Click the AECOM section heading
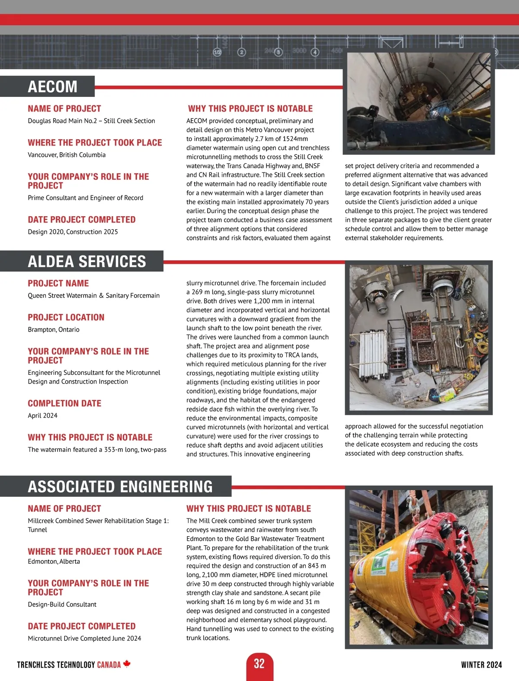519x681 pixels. click(x=52, y=86)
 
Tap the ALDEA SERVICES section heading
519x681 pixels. click(x=86, y=262)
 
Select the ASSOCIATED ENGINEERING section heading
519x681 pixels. click(x=120, y=486)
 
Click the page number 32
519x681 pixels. click(x=259, y=664)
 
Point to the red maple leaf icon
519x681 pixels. click(x=127, y=664)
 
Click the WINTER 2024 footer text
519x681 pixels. click(x=481, y=665)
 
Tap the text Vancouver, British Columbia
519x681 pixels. click(x=67, y=155)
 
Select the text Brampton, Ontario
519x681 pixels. click(x=54, y=329)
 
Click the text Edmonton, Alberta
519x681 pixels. click(x=54, y=561)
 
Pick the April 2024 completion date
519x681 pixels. click(x=42, y=416)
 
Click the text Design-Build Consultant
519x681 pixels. click(x=62, y=604)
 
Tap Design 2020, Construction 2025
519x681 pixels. click(x=73, y=232)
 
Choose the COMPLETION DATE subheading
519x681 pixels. click(x=64, y=403)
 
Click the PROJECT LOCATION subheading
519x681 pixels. click(x=66, y=317)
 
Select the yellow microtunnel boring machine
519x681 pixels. click(x=381, y=571)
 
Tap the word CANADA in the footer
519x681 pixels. click(x=109, y=665)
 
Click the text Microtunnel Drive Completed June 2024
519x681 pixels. click(x=84, y=638)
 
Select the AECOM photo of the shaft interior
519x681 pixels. click(x=419, y=103)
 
